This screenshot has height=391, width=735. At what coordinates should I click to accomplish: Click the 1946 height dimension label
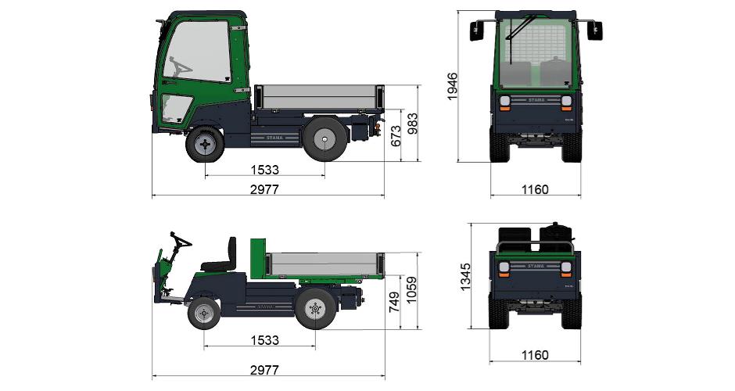click(452, 86)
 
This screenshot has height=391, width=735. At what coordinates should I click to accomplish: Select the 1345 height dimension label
click(464, 277)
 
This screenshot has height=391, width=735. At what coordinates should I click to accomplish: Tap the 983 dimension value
click(413, 124)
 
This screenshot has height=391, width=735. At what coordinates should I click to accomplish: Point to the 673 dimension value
click(396, 135)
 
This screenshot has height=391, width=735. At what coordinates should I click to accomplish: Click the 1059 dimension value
click(411, 290)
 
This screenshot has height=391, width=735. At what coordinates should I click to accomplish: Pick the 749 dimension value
click(394, 302)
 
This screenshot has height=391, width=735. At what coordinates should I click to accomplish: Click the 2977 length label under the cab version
click(264, 189)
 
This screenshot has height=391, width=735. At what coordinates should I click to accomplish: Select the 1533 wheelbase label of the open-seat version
click(265, 340)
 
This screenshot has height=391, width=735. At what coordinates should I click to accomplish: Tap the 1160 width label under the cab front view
click(535, 189)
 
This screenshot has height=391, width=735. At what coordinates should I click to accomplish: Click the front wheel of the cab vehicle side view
click(205, 145)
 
